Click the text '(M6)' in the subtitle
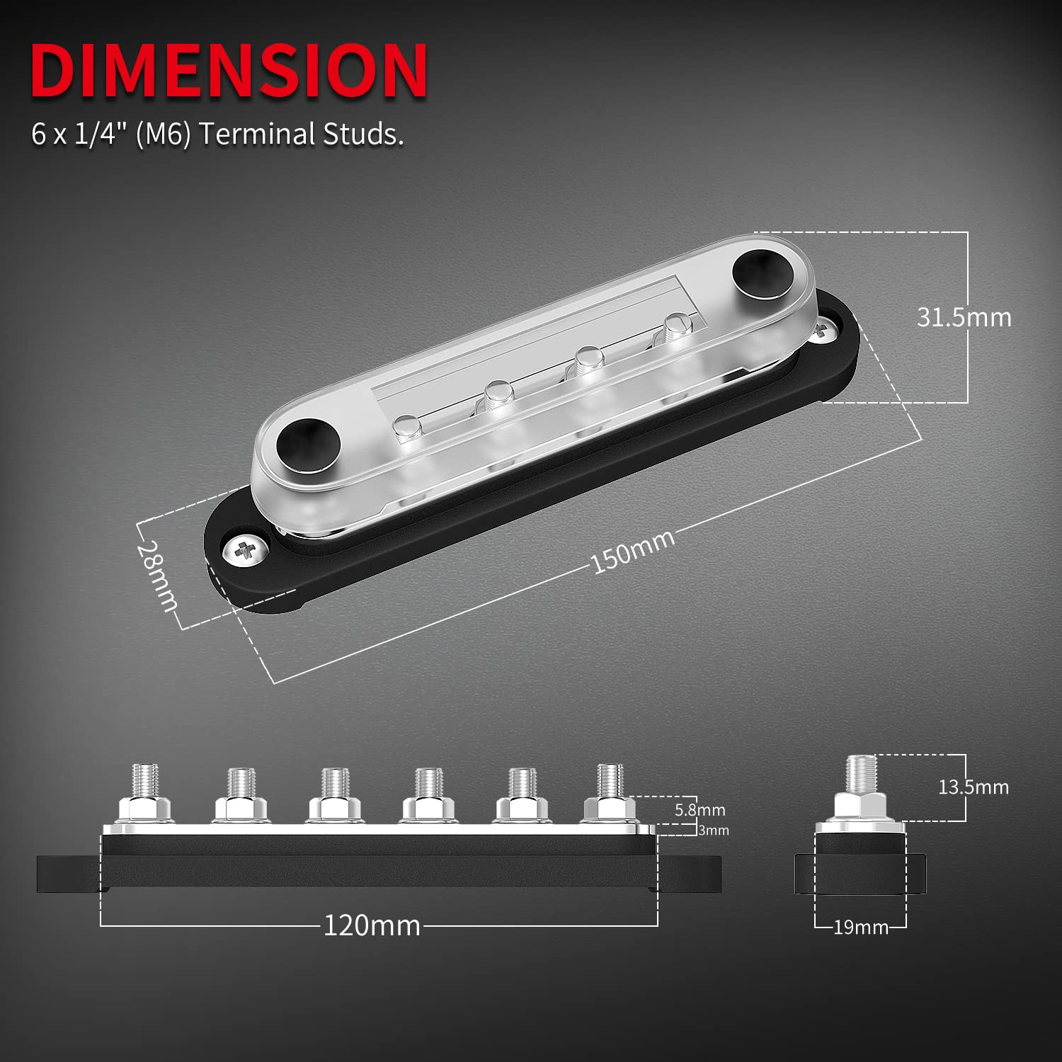pyautogui.click(x=163, y=134)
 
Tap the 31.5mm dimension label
pyautogui.click(x=964, y=317)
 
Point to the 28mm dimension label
pyautogui.click(x=157, y=576)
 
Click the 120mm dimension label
pyautogui.click(x=372, y=925)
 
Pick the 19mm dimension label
pyautogui.click(x=860, y=927)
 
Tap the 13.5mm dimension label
pyautogui.click(x=973, y=787)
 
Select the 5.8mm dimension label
pyautogui.click(x=700, y=810)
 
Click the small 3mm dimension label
pyautogui.click(x=713, y=830)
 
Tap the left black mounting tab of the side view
pyautogui.click(x=69, y=874)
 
